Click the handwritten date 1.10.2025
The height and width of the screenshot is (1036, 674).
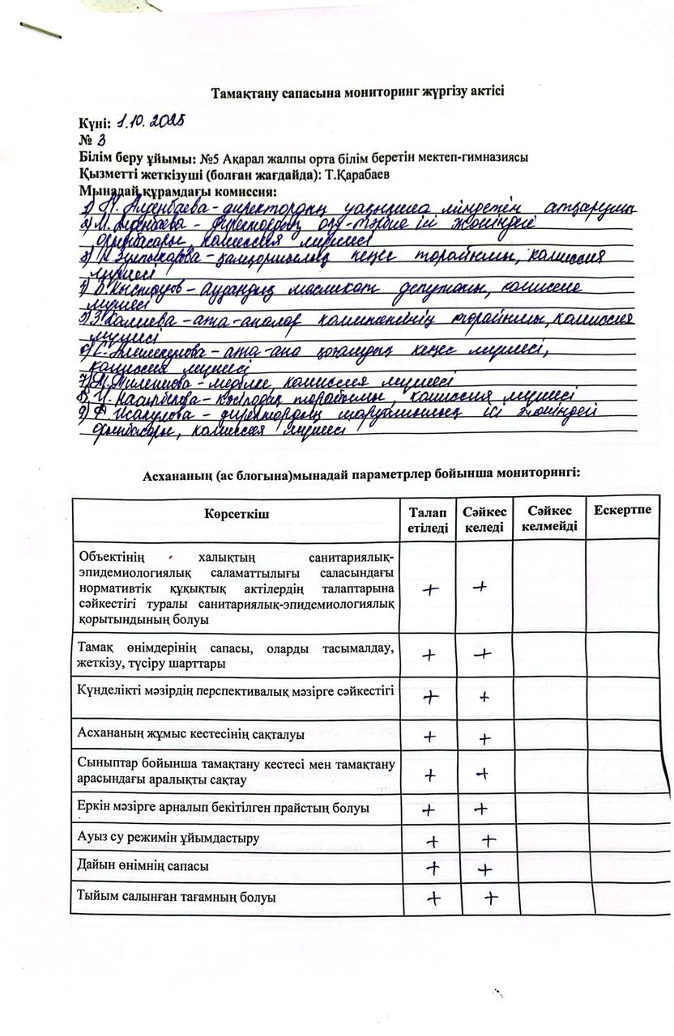(x=151, y=122)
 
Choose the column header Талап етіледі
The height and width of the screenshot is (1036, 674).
(x=428, y=519)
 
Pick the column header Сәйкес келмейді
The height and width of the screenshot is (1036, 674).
(x=549, y=519)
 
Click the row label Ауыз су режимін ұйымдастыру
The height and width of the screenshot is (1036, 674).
(x=168, y=839)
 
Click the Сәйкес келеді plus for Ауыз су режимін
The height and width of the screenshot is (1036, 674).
(x=488, y=841)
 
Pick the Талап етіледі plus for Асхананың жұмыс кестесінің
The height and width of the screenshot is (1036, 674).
(x=429, y=737)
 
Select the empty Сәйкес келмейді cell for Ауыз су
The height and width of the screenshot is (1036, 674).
(x=548, y=839)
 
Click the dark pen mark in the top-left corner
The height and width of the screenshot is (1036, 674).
(x=41, y=30)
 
